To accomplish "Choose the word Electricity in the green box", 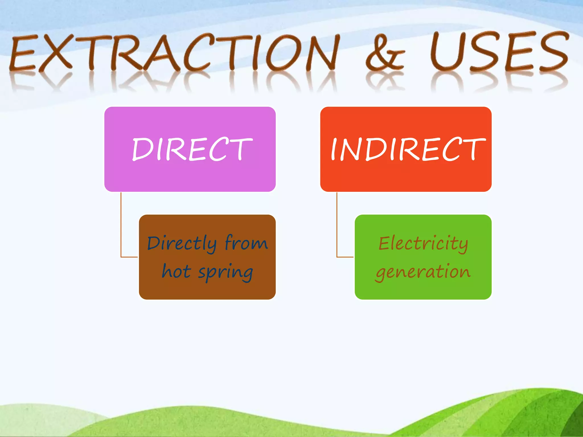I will [423, 244].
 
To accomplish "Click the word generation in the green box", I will [423, 272].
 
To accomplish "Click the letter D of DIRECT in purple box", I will [142, 149].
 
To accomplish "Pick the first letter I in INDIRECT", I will [334, 149].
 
